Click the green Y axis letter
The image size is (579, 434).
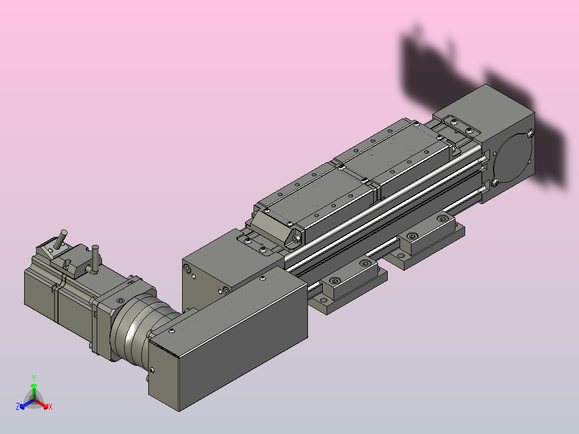(34, 378)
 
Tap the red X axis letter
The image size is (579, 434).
(50, 407)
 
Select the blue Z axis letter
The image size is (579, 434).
(18, 406)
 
